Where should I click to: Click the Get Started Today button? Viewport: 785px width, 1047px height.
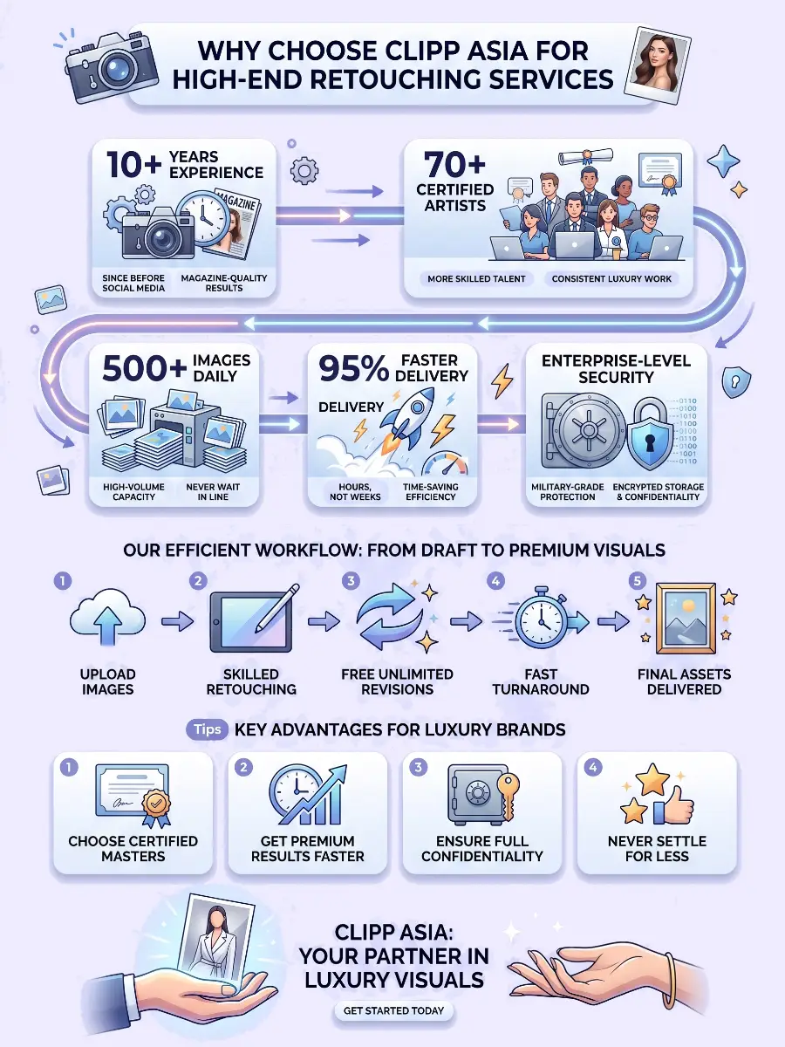click(x=393, y=1010)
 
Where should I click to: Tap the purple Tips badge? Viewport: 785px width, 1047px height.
click(x=208, y=729)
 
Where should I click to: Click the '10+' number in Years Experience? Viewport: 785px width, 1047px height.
click(x=134, y=165)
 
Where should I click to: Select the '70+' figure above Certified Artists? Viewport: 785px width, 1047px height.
click(x=454, y=164)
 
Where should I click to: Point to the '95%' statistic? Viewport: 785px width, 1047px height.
click(x=353, y=369)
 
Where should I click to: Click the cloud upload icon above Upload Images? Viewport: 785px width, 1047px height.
click(x=107, y=619)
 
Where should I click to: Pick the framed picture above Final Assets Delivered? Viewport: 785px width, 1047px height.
click(x=686, y=618)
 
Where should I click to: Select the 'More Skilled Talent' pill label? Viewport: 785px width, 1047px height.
click(x=476, y=278)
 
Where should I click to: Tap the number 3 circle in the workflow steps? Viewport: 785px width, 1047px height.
click(x=351, y=581)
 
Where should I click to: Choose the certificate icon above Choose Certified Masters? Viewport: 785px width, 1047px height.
click(x=133, y=794)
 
